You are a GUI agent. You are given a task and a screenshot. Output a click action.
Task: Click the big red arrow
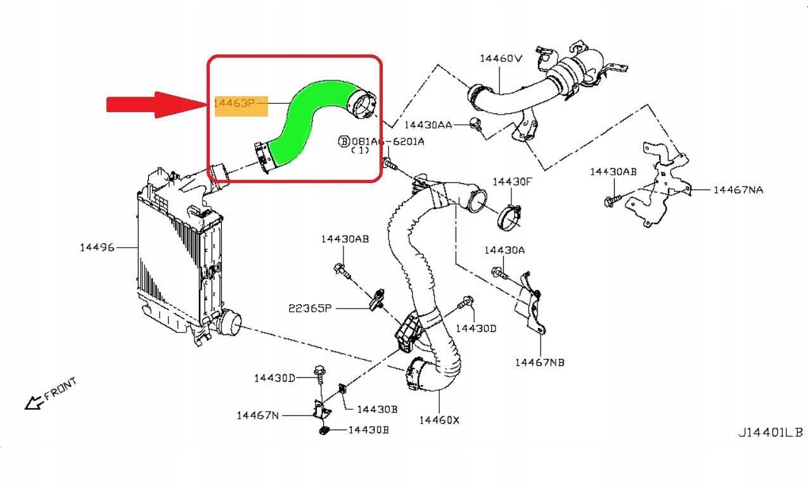click(x=152, y=105)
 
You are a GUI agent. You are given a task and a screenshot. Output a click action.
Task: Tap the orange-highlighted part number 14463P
click(x=240, y=103)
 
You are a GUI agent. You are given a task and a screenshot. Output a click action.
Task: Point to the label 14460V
click(x=500, y=58)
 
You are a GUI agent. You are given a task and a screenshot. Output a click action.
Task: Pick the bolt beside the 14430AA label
click(x=475, y=124)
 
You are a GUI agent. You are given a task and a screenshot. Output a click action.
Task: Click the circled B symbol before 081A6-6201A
click(x=344, y=141)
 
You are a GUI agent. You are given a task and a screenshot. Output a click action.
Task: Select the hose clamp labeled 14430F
click(x=512, y=217)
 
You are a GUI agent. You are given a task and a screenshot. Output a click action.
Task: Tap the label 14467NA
click(x=738, y=189)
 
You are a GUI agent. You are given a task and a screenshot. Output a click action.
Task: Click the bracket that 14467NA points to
click(x=656, y=190)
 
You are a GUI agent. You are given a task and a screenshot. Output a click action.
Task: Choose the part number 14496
click(x=97, y=247)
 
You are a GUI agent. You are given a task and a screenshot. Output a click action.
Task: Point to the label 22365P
click(x=310, y=308)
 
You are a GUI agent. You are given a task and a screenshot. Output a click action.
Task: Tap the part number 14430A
click(x=504, y=250)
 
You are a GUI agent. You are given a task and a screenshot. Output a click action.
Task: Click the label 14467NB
click(x=539, y=362)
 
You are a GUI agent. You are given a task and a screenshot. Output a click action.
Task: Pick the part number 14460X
click(x=439, y=419)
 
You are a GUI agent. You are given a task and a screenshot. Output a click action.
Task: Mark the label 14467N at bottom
click(x=257, y=416)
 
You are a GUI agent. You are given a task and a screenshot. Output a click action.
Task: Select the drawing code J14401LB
click(x=770, y=433)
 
